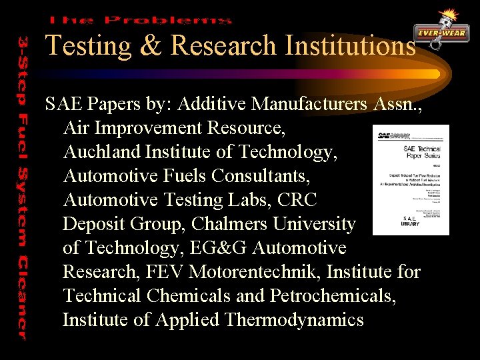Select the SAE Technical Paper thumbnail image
point(410,180)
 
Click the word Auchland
point(99,152)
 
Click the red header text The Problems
point(140,21)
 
